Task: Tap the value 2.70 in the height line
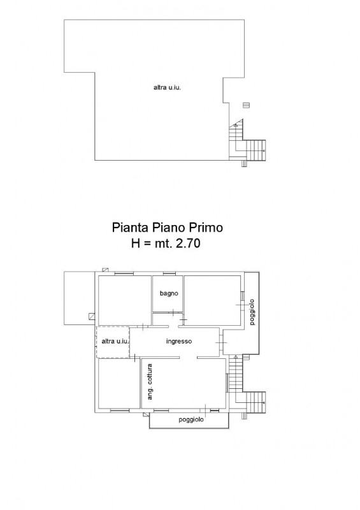(187, 243)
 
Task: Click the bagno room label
(169, 293)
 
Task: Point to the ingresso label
(179, 341)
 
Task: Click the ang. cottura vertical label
(150, 382)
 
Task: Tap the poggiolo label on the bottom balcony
(191, 419)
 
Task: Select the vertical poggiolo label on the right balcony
(252, 312)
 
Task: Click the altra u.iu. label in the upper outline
(167, 87)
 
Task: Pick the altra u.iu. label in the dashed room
(115, 341)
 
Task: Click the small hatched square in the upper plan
(246, 105)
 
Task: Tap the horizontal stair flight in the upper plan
(256, 150)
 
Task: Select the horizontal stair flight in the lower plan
(256, 402)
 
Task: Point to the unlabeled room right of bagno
(212, 300)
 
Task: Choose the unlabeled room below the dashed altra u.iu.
(119, 384)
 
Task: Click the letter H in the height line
(135, 243)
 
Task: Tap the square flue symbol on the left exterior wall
(92, 316)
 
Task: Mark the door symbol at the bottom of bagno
(173, 313)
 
